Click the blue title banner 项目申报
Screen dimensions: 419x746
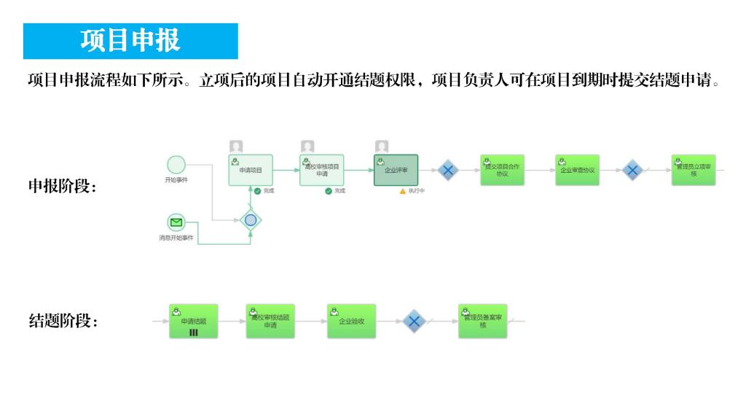(130, 41)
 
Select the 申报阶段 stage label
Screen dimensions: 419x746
(63, 187)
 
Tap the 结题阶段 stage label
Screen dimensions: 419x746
(63, 321)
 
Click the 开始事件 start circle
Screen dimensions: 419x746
(176, 165)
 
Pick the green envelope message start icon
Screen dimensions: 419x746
(176, 222)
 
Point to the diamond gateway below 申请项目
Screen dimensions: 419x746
(251, 219)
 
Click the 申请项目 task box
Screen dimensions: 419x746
(251, 170)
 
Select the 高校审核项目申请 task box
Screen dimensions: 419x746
(321, 170)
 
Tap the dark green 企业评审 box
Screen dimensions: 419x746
(396, 170)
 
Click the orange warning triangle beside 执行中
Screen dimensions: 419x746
(402, 191)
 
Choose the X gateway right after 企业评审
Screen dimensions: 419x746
(448, 171)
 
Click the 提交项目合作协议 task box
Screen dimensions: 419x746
(502, 170)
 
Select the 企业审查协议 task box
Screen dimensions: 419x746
(577, 170)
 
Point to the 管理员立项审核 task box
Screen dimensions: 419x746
(694, 170)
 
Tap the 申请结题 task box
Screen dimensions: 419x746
(194, 321)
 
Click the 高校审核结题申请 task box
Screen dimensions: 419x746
(270, 321)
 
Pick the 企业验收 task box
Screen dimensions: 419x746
(351, 321)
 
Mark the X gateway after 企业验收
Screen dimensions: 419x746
(414, 321)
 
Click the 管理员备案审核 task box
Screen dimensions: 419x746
(482, 321)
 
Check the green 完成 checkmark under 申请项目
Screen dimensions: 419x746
(257, 191)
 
